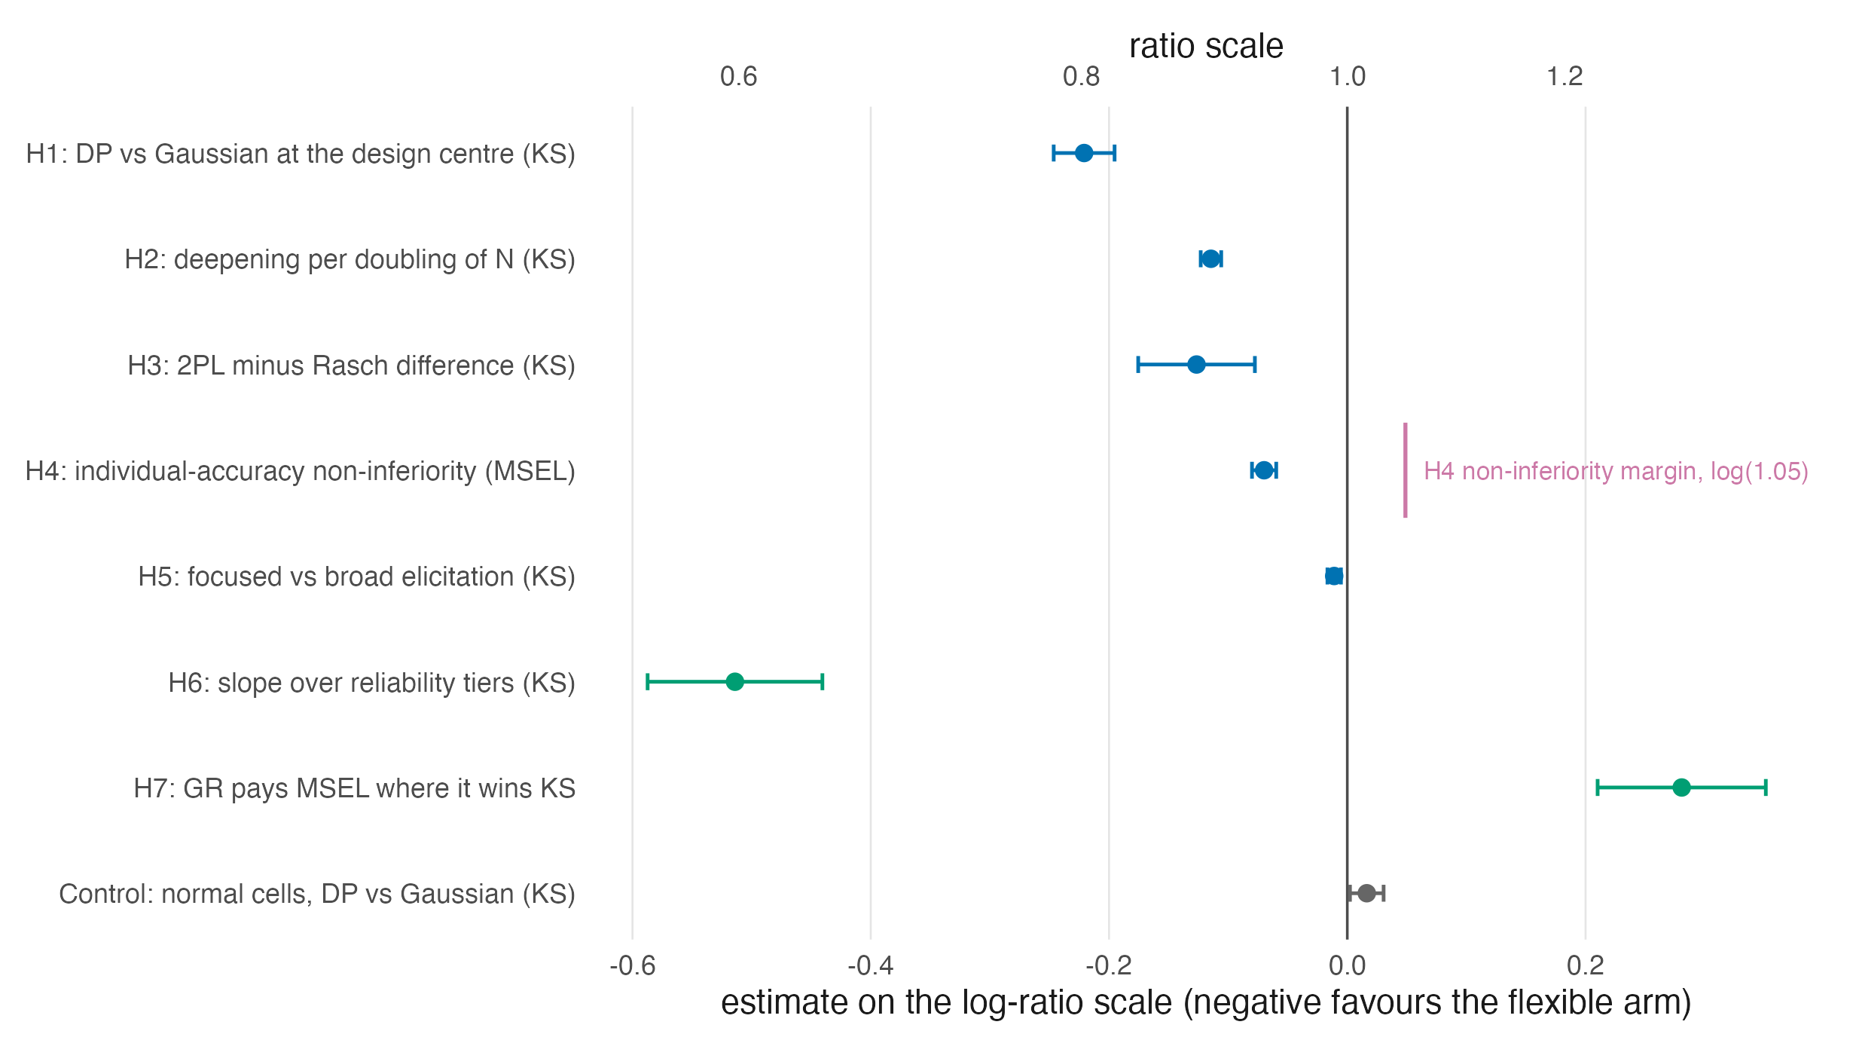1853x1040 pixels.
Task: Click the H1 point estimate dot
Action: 1084,153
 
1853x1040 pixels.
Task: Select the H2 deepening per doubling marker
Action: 1210,258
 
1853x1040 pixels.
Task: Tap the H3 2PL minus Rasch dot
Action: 1196,365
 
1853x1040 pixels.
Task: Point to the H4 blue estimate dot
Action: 1264,470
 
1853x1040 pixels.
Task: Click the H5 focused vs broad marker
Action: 1334,576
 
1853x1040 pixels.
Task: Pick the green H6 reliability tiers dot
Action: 734,682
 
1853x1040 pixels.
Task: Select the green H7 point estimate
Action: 1681,788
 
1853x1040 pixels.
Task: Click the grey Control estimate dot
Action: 1366,893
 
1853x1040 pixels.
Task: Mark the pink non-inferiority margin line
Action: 1405,470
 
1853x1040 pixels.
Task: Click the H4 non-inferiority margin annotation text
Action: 1616,471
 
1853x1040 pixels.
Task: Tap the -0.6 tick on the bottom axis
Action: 632,965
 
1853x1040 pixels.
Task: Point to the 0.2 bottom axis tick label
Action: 1586,965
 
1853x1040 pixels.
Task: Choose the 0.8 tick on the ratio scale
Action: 1082,76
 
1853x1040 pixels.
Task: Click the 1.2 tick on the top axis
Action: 1565,76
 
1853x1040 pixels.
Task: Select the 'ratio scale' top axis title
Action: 1206,46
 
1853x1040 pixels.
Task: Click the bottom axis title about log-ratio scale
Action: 1206,1003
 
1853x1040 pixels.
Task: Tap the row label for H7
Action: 355,788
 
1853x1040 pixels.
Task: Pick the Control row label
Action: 317,894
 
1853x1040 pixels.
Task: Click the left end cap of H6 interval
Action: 647,682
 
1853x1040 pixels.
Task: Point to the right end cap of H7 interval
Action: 1766,788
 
